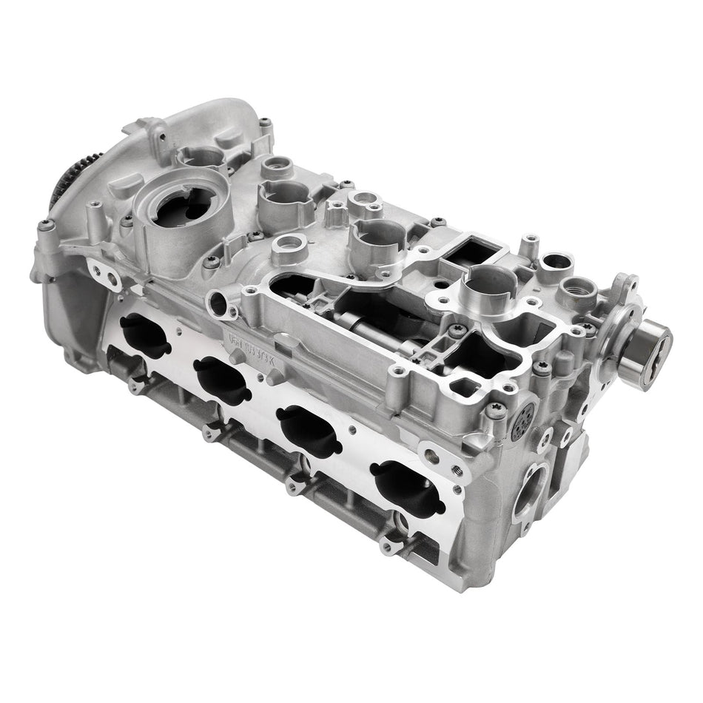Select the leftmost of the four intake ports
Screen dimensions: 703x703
pyautogui.click(x=144, y=334)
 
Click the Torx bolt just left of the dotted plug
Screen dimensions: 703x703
pyautogui.click(x=497, y=407)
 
